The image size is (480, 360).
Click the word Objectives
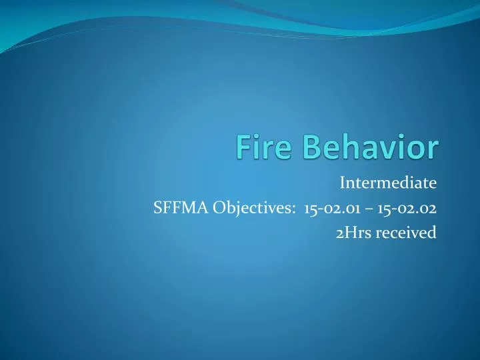pos(255,207)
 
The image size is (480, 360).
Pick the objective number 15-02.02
pos(407,207)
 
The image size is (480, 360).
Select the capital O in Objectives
pos(220,207)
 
